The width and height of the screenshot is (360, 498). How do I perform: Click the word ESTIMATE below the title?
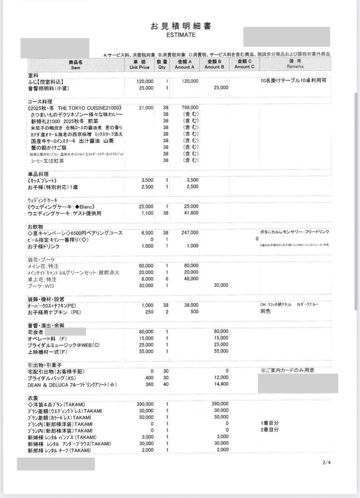181,35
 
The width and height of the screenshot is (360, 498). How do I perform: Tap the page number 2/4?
326,462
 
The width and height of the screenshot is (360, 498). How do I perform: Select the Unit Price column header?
139,65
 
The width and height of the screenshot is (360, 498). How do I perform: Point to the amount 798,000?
190,108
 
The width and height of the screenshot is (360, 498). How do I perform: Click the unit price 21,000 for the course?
146,108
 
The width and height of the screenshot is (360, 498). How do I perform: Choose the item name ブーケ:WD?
41,286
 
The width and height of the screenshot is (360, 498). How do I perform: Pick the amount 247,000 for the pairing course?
190,233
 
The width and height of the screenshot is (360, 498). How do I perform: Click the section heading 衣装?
33,398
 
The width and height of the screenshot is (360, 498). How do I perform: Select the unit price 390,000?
145,404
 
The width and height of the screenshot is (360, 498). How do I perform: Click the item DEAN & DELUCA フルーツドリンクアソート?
72,385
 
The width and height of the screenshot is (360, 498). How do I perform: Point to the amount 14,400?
221,384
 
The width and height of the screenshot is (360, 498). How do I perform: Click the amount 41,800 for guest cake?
191,213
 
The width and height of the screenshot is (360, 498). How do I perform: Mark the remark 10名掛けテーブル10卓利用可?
293,81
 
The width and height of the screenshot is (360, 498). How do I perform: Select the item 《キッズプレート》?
42,181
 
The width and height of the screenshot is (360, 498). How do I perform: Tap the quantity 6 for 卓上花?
167,279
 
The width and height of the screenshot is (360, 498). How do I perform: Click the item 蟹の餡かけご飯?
49,148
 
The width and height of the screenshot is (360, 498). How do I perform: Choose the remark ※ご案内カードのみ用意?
287,370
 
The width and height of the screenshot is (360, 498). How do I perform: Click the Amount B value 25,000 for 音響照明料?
221,88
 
